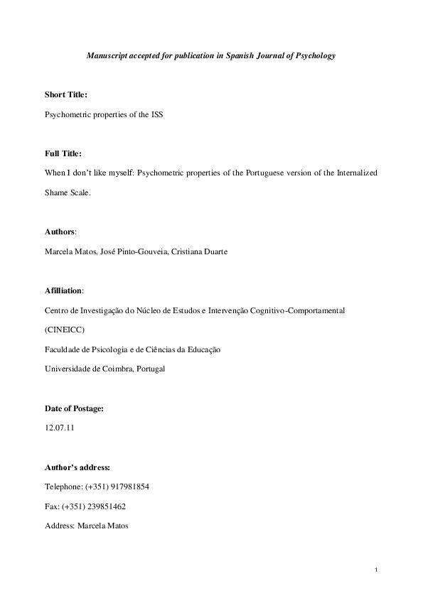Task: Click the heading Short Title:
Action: (x=66, y=94)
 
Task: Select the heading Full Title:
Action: (x=63, y=153)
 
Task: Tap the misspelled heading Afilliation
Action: (x=63, y=290)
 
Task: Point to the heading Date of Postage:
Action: (x=75, y=408)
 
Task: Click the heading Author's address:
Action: (x=77, y=467)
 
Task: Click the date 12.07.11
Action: (x=58, y=428)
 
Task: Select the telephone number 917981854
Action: (x=128, y=487)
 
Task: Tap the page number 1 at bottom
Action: (x=375, y=570)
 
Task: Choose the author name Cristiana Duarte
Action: (x=203, y=251)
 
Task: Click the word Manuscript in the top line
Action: (x=107, y=55)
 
